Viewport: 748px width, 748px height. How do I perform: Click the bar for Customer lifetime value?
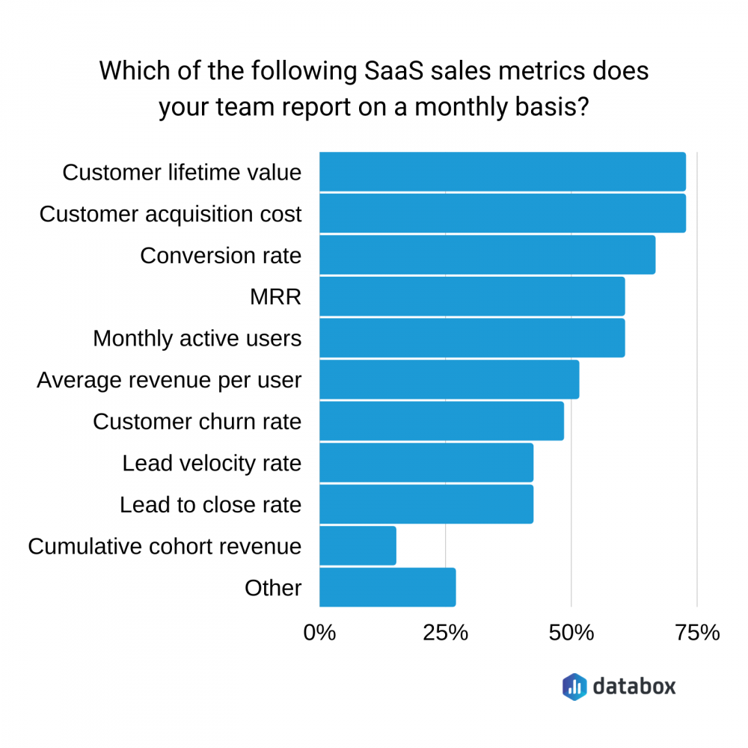[502, 172]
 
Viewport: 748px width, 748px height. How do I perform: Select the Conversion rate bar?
[487, 255]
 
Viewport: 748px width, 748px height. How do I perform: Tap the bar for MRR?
[472, 296]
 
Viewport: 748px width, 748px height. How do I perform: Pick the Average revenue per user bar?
[449, 380]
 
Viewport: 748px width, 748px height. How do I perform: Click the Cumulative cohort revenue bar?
[358, 546]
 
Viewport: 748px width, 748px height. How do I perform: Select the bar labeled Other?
[387, 587]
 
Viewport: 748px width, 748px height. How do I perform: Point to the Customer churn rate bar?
[441, 421]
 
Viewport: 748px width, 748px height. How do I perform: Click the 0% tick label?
[319, 632]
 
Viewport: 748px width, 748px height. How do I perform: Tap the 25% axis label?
[446, 632]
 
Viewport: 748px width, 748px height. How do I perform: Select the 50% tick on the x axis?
[571, 632]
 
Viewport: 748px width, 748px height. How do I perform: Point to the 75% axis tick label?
[697, 632]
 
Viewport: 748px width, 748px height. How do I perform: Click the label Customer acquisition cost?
[171, 215]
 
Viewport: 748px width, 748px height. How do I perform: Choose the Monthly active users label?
[197, 339]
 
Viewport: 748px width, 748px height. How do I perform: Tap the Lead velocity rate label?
[212, 464]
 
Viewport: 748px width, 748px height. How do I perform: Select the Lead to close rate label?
[210, 505]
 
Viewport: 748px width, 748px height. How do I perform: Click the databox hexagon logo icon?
[574, 686]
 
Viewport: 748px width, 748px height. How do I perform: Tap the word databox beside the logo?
[634, 685]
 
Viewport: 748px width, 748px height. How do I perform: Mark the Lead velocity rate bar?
[426, 463]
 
